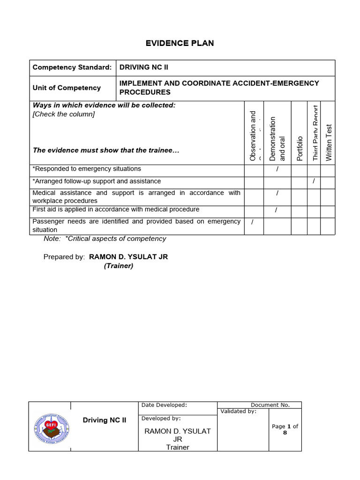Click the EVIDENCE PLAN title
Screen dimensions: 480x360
pyautogui.click(x=180, y=43)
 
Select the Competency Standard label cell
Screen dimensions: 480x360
pyautogui.click(x=72, y=67)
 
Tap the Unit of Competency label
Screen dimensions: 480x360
pyautogui.click(x=67, y=88)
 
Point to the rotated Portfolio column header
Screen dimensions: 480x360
pyautogui.click(x=300, y=148)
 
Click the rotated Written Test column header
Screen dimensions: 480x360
pyautogui.click(x=329, y=142)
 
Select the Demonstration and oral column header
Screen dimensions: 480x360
pyautogui.click(x=277, y=139)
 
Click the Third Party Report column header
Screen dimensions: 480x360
pyautogui.click(x=315, y=134)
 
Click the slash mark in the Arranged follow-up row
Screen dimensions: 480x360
pyautogui.click(x=314, y=181)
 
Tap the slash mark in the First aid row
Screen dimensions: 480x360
pyautogui.click(x=276, y=210)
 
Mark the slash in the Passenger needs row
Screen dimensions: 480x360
pyautogui.click(x=252, y=222)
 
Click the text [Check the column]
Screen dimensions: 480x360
pyautogui.click(x=63, y=114)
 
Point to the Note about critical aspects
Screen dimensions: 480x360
pyautogui.click(x=105, y=239)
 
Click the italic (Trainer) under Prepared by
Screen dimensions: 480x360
pyautogui.click(x=119, y=266)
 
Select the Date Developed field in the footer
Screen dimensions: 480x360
pyautogui.click(x=164, y=405)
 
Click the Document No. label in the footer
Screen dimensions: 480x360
pyautogui.click(x=270, y=405)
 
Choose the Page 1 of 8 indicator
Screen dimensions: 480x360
pyautogui.click(x=285, y=429)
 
